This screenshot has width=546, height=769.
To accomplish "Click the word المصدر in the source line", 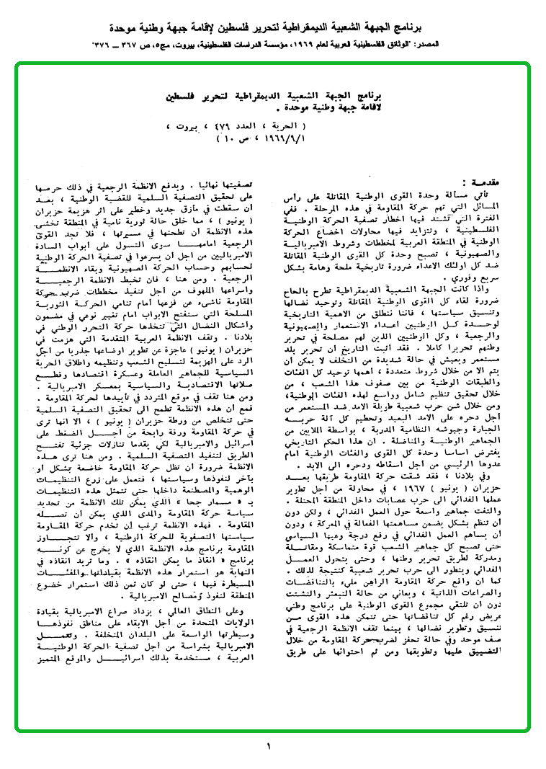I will point(525,45).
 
